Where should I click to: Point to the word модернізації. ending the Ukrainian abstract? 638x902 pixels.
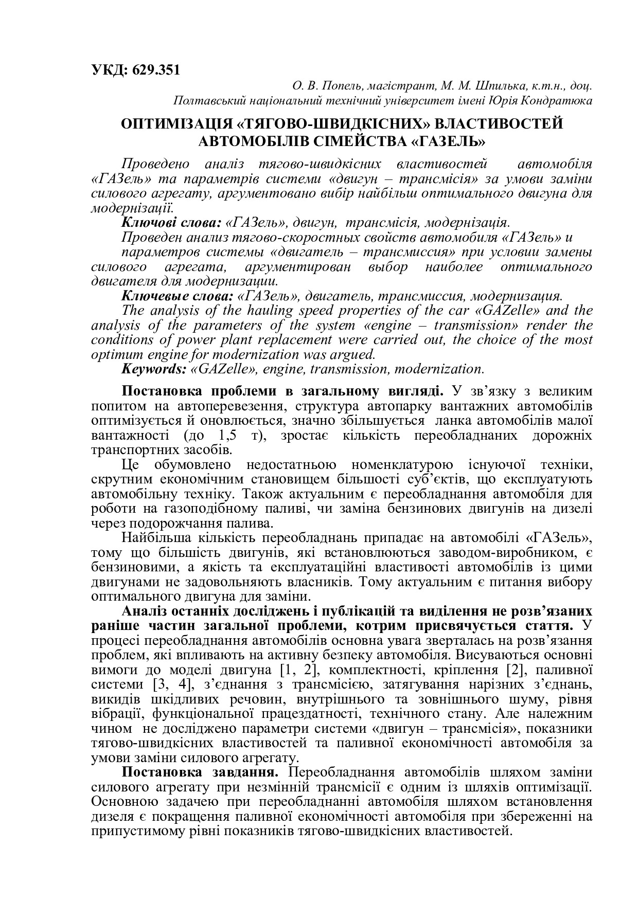click(x=132, y=209)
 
